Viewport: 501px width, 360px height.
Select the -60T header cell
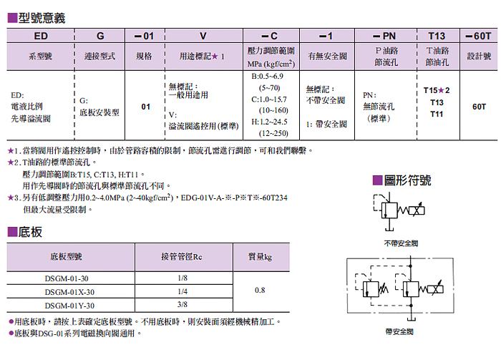coord(478,34)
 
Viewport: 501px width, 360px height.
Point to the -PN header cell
coord(384,34)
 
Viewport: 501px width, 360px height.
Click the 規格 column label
coord(144,55)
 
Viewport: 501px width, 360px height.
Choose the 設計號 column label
coord(478,55)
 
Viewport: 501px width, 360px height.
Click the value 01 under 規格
coord(145,107)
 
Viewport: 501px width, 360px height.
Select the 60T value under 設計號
coord(479,107)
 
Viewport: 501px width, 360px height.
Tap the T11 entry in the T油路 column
coord(436,115)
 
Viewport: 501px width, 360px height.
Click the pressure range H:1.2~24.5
coord(270,122)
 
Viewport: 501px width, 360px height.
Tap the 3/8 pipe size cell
coord(182,304)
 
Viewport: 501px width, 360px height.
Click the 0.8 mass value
coord(259,291)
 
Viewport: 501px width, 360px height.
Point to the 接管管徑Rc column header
coord(182,256)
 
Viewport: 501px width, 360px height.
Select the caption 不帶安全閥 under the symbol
coord(400,243)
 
